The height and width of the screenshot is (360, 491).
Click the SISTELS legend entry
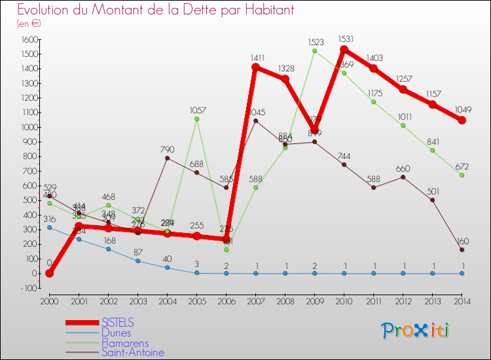(x=117, y=323)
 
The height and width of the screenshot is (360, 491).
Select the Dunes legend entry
(x=116, y=333)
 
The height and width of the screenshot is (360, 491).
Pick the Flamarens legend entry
(x=124, y=343)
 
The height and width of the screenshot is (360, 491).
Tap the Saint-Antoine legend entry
(x=132, y=353)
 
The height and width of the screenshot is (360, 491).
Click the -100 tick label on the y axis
(x=27, y=288)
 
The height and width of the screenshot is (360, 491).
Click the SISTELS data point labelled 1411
(x=255, y=67)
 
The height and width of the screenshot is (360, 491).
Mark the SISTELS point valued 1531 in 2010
(x=344, y=49)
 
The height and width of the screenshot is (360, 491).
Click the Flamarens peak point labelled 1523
(x=314, y=50)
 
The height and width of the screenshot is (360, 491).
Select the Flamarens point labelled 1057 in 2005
(x=196, y=118)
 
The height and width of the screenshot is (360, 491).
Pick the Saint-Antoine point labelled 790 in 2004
(x=167, y=158)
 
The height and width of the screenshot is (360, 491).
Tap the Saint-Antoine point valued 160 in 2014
(x=462, y=249)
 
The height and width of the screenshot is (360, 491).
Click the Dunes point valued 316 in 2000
(x=49, y=227)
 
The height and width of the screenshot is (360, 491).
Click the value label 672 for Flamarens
(x=462, y=165)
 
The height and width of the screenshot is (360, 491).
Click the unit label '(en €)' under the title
(x=29, y=24)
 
